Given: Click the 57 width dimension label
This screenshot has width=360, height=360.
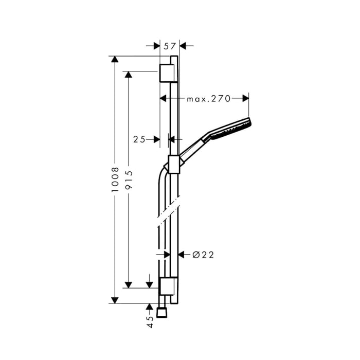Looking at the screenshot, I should pyautogui.click(x=169, y=46).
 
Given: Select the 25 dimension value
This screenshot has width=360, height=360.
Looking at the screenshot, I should pyautogui.click(x=139, y=139).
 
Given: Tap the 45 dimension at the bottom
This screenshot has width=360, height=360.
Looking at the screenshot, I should pyautogui.click(x=150, y=321).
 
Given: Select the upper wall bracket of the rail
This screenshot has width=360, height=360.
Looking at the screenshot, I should pyautogui.click(x=169, y=73).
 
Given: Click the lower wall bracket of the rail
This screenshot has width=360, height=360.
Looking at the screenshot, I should pyautogui.click(x=168, y=286).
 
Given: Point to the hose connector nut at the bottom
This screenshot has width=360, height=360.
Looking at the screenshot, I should pyautogui.click(x=163, y=313).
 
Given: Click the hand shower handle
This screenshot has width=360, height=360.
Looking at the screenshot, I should pyautogui.click(x=194, y=147).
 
